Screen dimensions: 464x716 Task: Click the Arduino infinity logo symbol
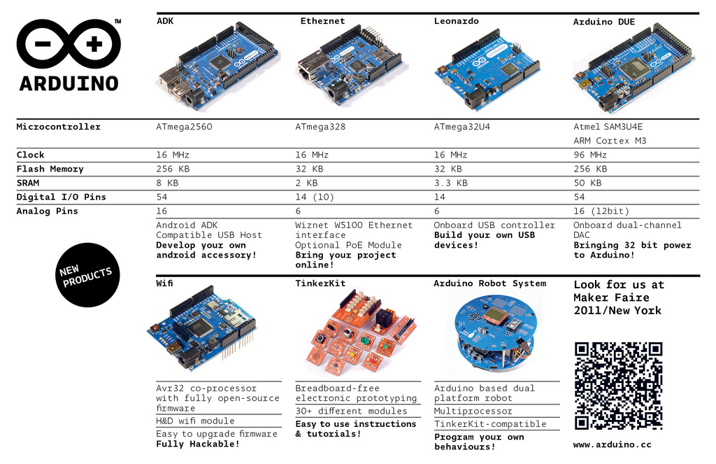point(69,43)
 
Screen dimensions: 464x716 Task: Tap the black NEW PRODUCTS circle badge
point(85,275)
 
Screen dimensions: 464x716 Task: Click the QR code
point(618,386)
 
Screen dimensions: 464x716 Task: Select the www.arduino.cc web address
point(612,444)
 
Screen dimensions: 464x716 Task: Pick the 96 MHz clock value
point(590,155)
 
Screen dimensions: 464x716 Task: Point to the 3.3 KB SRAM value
point(451,183)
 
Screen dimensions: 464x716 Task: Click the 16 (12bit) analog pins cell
point(601,211)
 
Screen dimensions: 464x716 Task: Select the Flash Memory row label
point(50,169)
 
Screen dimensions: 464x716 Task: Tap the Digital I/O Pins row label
point(62,197)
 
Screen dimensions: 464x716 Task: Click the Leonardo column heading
point(456,22)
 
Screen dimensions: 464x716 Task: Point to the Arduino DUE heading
point(604,22)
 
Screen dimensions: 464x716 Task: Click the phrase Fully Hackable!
point(198,444)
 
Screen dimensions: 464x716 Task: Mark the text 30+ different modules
point(351,412)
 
